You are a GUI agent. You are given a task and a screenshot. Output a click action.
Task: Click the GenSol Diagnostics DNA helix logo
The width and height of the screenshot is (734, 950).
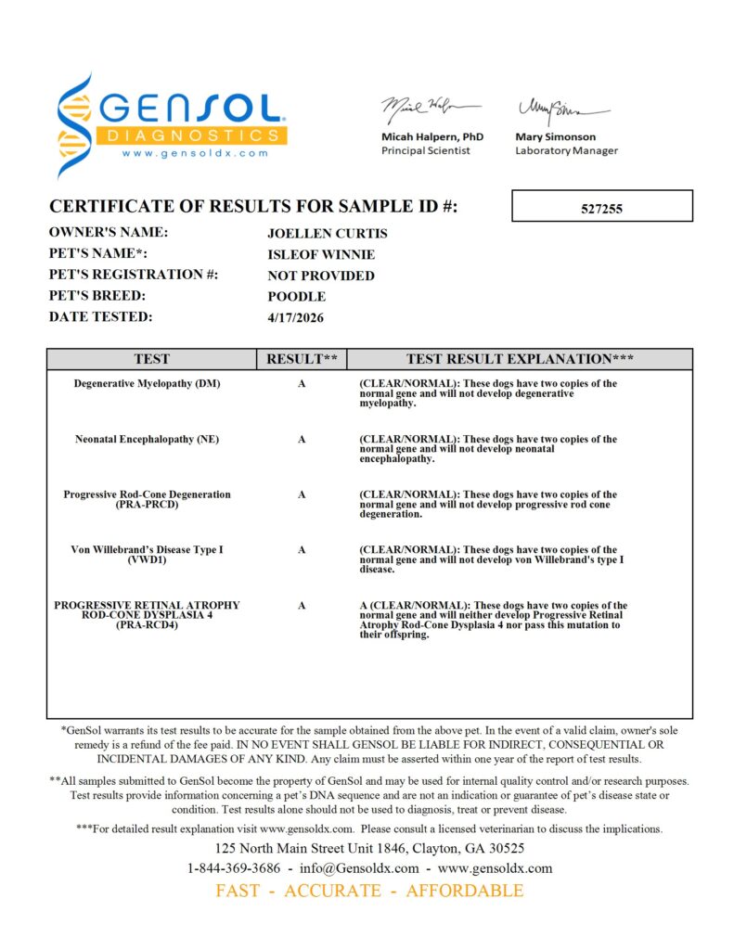(x=75, y=125)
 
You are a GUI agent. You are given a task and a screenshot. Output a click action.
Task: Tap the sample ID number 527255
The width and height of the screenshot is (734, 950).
(x=602, y=209)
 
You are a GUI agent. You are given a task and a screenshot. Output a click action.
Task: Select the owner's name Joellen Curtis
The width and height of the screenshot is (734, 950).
(x=328, y=234)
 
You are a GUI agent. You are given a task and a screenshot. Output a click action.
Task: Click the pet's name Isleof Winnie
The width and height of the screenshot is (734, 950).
(x=321, y=255)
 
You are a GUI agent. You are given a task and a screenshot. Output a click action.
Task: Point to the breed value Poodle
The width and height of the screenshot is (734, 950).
(x=296, y=297)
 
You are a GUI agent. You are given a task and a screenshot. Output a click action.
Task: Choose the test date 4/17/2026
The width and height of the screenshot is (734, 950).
(x=296, y=318)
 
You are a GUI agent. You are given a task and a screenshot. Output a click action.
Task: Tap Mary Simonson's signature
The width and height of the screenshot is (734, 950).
(x=554, y=111)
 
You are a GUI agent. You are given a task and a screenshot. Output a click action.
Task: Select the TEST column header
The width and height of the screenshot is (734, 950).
(x=152, y=359)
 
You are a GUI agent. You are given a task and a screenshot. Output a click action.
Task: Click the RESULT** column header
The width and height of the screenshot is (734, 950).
(x=302, y=359)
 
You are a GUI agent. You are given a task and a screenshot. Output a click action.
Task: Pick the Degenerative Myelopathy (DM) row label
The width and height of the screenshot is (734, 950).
(x=148, y=383)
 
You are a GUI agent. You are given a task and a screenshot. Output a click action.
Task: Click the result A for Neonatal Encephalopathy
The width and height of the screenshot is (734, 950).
(x=302, y=439)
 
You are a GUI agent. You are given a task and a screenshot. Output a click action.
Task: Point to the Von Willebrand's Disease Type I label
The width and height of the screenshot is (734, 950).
(x=148, y=550)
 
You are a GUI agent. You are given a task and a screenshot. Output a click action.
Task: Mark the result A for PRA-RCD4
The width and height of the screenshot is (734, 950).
(x=302, y=606)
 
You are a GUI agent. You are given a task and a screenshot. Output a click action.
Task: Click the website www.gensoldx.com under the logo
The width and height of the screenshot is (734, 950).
(x=194, y=153)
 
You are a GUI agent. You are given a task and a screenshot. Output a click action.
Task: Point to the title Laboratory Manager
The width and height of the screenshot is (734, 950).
(x=566, y=150)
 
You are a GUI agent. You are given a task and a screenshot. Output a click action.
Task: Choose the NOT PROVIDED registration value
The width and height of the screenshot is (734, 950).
(x=321, y=276)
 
